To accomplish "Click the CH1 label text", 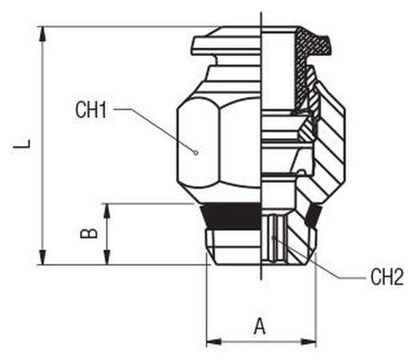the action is [x=91, y=110].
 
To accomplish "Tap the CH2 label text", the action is [x=387, y=277].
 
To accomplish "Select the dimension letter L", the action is [x=22, y=146].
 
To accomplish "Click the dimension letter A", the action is [x=260, y=326].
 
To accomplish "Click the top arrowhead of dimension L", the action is [x=43, y=34].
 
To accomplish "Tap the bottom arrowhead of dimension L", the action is [x=43, y=257].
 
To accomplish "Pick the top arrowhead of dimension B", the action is [x=107, y=211].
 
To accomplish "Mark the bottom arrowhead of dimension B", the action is [x=107, y=257].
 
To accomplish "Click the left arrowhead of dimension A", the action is [x=214, y=342].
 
